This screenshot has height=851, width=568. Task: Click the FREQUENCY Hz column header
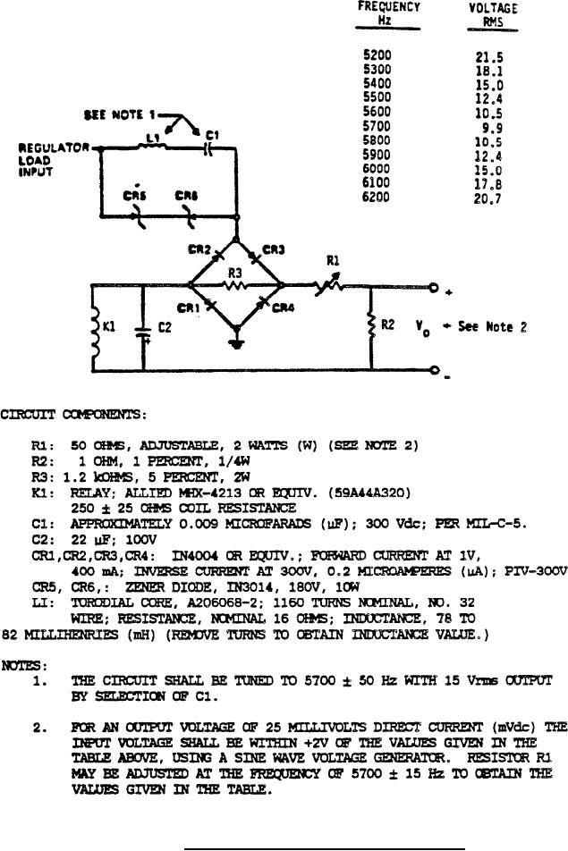coord(390,13)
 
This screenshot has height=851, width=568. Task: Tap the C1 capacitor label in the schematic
coord(211,135)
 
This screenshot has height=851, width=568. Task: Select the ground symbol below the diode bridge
coord(236,342)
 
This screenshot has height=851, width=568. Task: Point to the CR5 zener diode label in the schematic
coord(137,195)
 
